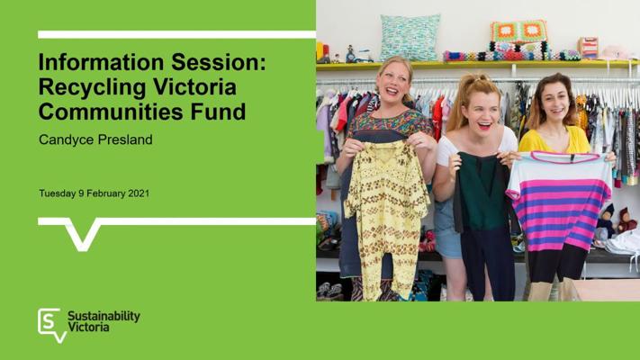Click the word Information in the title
[102, 62]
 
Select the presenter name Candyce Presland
[96, 139]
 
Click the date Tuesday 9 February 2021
[95, 193]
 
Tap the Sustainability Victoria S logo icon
[51, 325]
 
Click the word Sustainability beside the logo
[104, 316]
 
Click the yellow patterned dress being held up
[385, 216]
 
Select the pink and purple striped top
[560, 200]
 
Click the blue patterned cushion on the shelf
[410, 38]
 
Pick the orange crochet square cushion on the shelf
[518, 31]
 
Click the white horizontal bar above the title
[176, 35]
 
